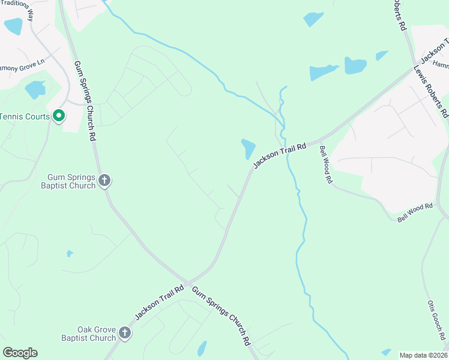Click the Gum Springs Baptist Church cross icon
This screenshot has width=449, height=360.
coord(104,180)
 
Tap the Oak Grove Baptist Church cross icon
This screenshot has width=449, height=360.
coord(125,332)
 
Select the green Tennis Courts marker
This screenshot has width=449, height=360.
coord(58,115)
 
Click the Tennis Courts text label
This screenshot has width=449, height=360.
coord(25,116)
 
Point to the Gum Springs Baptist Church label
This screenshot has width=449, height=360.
coord(71,181)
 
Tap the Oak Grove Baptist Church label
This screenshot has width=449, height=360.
coord(88,334)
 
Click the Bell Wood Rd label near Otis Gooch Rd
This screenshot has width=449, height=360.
coord(415,212)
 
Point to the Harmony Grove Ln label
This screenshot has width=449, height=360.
coord(23,62)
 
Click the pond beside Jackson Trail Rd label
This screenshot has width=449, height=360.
coord(248,149)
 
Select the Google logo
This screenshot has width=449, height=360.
coord(20,353)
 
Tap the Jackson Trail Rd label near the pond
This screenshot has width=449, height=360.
coord(279,155)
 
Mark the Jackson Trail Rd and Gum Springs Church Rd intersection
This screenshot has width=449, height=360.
coord(188,283)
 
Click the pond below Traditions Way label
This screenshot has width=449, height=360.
coord(13,26)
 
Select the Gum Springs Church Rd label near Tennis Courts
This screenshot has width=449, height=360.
coord(85,100)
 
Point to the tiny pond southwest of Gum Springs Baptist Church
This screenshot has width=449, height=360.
coord(70,254)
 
